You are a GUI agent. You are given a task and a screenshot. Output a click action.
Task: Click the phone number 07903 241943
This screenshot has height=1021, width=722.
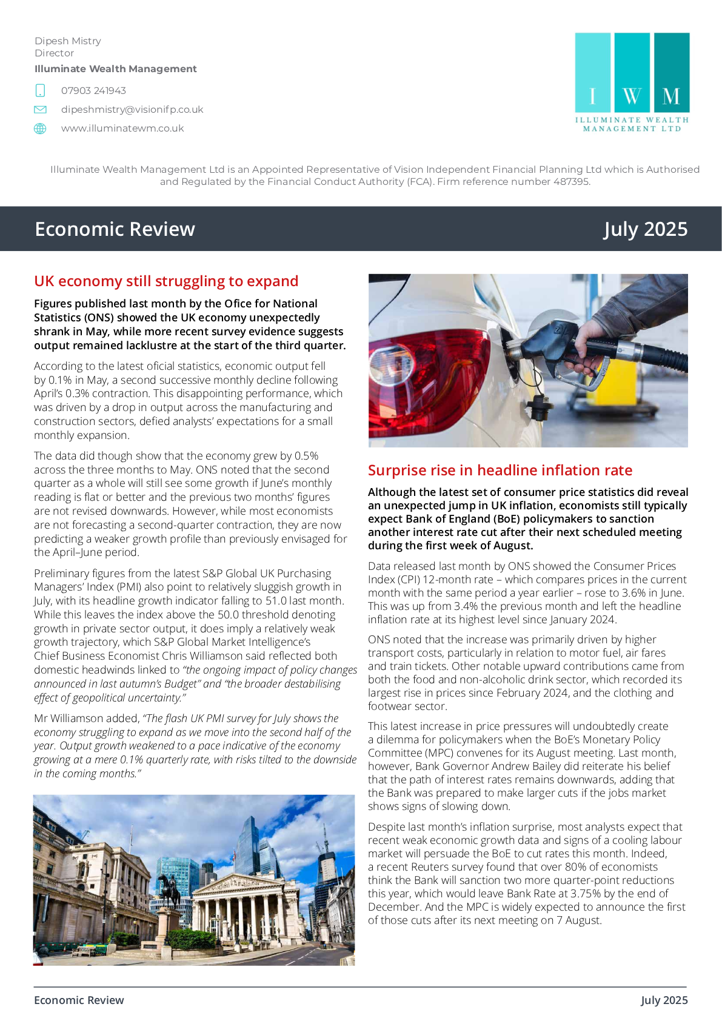(x=93, y=91)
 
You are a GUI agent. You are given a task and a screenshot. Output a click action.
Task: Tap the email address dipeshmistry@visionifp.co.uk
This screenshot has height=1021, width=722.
(x=132, y=110)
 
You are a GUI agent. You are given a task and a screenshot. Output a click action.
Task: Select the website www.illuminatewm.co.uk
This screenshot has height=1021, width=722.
(x=122, y=129)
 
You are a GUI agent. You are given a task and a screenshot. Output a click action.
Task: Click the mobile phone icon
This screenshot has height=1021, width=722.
(x=40, y=91)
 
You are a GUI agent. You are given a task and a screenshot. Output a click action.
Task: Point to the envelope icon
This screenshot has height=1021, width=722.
(x=40, y=110)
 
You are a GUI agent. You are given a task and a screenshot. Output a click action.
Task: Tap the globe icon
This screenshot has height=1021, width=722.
(x=40, y=129)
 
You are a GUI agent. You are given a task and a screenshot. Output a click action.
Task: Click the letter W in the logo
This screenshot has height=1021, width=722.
(x=632, y=96)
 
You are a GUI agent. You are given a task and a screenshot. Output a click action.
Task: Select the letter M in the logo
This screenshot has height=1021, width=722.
(x=671, y=96)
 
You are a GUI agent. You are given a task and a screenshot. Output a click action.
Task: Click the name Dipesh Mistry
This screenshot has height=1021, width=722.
(x=68, y=41)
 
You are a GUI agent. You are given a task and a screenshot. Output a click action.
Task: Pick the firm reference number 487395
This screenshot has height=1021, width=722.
(x=570, y=182)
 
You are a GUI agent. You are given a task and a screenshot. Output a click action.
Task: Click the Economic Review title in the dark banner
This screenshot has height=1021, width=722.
(x=115, y=229)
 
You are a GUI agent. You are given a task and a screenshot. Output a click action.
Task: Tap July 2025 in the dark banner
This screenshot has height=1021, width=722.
(x=646, y=229)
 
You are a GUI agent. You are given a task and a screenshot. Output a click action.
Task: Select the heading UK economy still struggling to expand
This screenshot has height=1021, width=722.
(x=166, y=281)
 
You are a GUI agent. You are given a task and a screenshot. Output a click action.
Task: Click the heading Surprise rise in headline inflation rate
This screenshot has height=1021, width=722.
(x=500, y=470)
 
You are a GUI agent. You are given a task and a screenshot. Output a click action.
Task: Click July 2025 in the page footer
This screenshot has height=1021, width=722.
(x=664, y=1000)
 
